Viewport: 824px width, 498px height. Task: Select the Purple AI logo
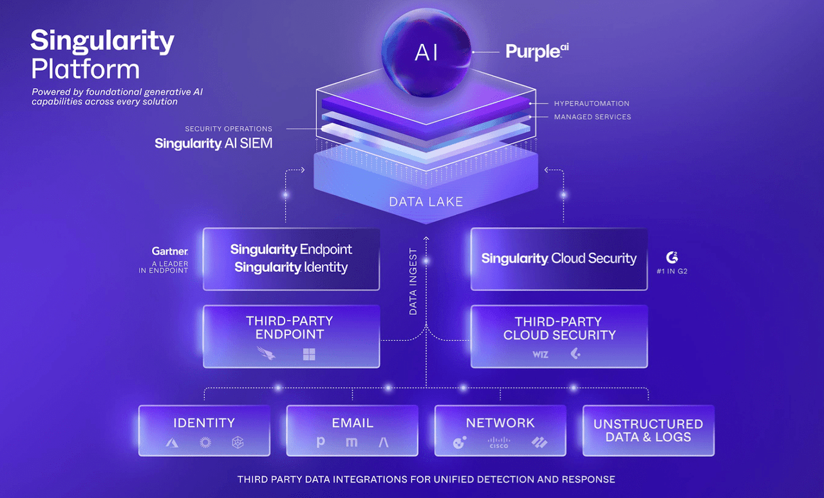537,51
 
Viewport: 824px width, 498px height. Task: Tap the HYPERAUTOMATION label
592,104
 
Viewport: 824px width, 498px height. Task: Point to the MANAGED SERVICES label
592,117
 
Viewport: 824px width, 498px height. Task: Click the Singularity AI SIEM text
213,143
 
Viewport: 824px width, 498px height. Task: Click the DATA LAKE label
426,202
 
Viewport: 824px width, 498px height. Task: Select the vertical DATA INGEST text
413,281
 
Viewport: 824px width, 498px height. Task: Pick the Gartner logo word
170,252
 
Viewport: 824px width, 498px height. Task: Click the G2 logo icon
672,257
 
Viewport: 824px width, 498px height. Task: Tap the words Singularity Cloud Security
559,259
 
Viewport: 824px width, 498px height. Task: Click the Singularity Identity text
291,267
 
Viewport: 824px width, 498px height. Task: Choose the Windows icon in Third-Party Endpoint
309,354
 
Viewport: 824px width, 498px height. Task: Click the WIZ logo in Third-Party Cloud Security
541,354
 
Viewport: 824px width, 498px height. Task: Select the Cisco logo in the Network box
499,443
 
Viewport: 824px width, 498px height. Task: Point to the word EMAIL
352,423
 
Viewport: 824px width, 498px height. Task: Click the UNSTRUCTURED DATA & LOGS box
648,430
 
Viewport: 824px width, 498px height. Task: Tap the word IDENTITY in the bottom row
204,423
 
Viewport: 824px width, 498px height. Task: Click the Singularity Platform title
102,54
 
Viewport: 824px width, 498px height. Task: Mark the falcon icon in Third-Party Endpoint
266,353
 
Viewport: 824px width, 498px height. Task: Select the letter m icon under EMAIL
351,443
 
